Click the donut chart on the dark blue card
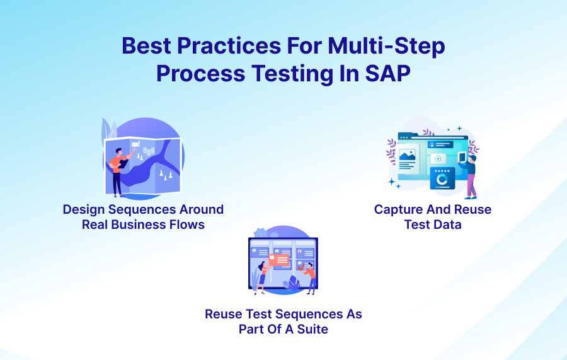[x=442, y=180]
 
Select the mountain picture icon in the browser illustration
[x=407, y=154]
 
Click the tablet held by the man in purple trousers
[x=461, y=157]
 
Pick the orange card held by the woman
[x=278, y=259]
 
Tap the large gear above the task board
[x=260, y=234]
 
